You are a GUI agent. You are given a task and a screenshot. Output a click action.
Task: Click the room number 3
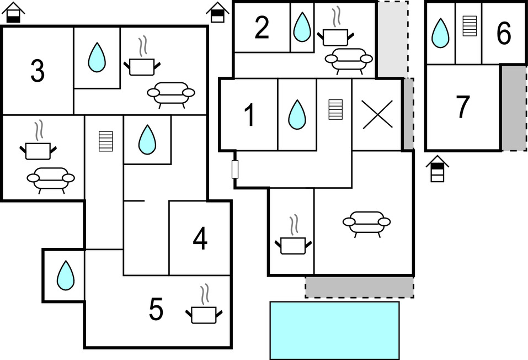click(x=38, y=71)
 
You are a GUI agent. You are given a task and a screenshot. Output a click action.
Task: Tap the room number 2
click(x=262, y=28)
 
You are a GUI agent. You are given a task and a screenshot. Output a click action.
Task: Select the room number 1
click(x=249, y=115)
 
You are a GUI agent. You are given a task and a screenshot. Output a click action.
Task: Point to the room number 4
click(x=200, y=239)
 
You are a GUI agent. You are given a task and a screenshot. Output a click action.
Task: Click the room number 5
click(x=156, y=309)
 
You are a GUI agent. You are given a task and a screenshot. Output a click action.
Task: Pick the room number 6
click(x=504, y=33)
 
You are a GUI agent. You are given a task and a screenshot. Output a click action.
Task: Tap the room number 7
click(x=463, y=107)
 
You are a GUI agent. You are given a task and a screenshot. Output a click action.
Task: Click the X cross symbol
click(x=377, y=114)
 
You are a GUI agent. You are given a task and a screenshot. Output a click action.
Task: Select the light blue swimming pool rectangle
click(x=335, y=330)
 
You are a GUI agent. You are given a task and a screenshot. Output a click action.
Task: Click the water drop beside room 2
click(x=302, y=27)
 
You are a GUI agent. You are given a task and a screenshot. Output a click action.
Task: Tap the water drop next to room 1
click(x=297, y=114)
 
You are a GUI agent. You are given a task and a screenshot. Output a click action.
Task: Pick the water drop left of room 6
click(x=440, y=33)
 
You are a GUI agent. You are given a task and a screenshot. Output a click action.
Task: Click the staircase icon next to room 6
click(x=470, y=26)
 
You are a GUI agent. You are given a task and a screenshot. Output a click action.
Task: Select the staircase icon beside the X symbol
click(x=335, y=109)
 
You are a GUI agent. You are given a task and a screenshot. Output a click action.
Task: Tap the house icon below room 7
click(x=437, y=168)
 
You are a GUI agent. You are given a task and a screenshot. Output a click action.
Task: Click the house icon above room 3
click(x=13, y=12)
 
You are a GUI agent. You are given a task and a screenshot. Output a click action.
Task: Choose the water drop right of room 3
click(x=97, y=57)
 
